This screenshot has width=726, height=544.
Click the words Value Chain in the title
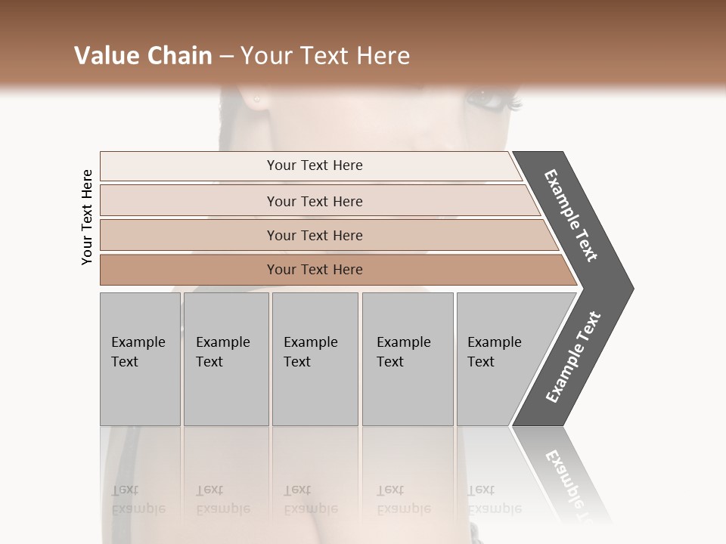point(143,56)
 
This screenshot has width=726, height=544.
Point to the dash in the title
point(226,57)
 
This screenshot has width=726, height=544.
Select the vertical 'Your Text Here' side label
point(87,218)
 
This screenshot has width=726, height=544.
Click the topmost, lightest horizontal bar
point(314,165)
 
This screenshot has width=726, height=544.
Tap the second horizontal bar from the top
point(314,201)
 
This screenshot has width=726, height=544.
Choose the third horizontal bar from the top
point(314,235)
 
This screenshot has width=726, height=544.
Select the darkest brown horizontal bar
point(314,270)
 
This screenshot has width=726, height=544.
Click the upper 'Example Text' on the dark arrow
point(571,215)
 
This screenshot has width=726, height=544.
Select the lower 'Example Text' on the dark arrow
point(572,357)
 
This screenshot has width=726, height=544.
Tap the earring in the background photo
point(256,100)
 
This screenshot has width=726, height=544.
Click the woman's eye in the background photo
point(484,99)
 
